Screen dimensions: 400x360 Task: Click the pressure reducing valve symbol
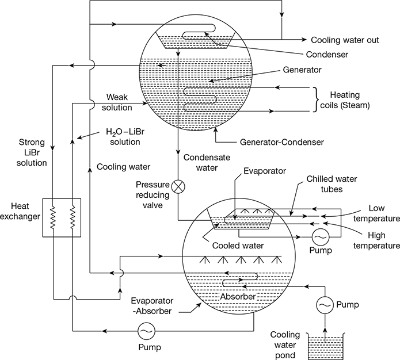pos(178,187)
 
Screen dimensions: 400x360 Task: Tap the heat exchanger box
pos(43,218)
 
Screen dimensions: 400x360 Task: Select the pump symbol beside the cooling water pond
pos(325,305)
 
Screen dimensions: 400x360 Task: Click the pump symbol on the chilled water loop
pos(321,237)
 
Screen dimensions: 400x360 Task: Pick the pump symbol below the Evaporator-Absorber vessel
pos(146,331)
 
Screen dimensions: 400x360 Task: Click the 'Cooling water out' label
pos(345,40)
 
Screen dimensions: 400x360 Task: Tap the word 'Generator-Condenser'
pos(282,142)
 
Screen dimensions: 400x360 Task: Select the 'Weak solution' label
pos(117,102)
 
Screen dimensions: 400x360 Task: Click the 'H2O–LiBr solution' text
pos(125,137)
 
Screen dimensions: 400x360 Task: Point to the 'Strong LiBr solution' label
pos(32,152)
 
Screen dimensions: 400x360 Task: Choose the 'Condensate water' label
pos(207,163)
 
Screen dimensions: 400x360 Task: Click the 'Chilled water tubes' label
pos(332,184)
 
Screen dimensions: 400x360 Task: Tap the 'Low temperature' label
pos(376,213)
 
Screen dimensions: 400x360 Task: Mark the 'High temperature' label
pos(376,240)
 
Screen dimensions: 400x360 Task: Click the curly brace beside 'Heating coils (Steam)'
pos(317,99)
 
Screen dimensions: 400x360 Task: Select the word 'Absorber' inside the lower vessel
pos(238,297)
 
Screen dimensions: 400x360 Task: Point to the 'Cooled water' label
pos(238,246)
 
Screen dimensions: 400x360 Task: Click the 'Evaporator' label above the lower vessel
pos(265,171)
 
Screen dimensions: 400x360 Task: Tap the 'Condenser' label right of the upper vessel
pos(327,55)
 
